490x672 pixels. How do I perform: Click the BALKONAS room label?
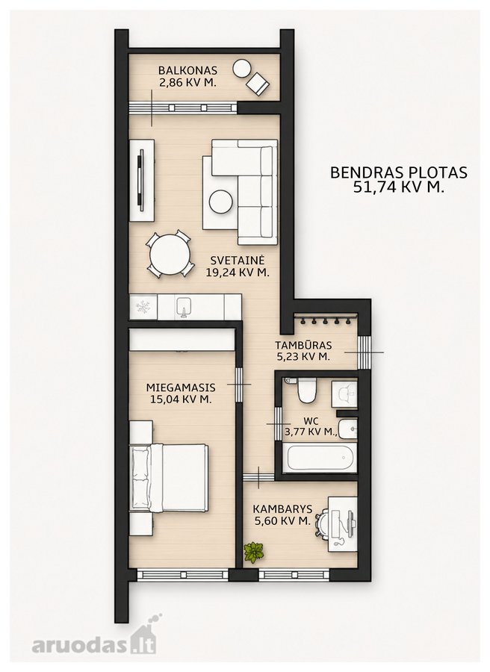pyautogui.click(x=187, y=70)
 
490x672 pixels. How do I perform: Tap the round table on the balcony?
pyautogui.click(x=242, y=69)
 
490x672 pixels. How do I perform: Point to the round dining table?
pyautogui.click(x=170, y=256)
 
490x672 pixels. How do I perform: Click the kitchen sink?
pyautogui.click(x=184, y=307)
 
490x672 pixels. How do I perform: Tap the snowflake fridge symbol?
pyautogui.click(x=142, y=306)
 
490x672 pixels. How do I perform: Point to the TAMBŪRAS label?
pyautogui.click(x=303, y=345)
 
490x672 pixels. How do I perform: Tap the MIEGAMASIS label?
pyautogui.click(x=181, y=388)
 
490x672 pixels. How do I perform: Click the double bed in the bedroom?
pyautogui.click(x=169, y=478)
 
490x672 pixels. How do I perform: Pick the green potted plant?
pyautogui.click(x=253, y=552)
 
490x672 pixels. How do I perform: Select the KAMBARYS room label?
pyautogui.click(x=282, y=509)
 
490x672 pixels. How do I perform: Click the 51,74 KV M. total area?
pyautogui.click(x=398, y=187)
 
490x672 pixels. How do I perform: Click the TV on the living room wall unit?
pyautogui.click(x=140, y=180)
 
